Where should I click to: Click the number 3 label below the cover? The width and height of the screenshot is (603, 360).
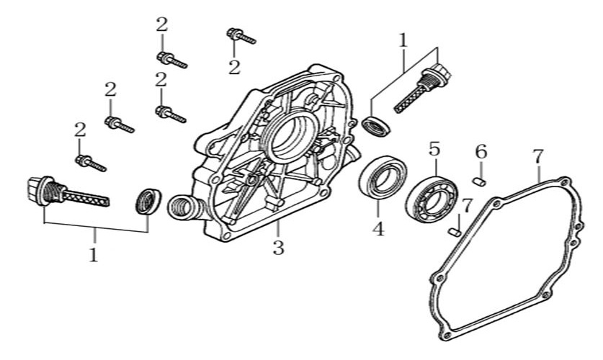278,248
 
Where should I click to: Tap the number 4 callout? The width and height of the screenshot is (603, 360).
378,229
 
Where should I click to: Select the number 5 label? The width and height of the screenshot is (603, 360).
434,149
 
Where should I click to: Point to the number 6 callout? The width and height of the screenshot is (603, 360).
481,152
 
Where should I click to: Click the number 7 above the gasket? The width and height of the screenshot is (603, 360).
537,155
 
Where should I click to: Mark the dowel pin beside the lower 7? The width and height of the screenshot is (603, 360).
454,231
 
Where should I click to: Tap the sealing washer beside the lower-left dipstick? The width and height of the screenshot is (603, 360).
148,201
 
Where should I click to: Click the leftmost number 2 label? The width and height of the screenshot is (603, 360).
80,130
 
